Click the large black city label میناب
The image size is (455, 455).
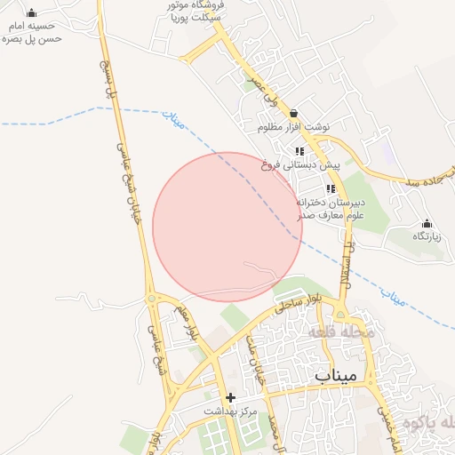[335, 375]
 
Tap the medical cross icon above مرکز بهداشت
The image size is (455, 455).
[231, 397]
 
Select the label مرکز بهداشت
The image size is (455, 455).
[231, 411]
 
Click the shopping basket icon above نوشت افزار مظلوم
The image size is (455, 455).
[293, 113]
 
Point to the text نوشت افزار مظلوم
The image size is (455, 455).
[293, 127]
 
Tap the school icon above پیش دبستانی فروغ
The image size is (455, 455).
[299, 151]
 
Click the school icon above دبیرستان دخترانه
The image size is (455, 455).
[331, 188]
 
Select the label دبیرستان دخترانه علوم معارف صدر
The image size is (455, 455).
[331, 208]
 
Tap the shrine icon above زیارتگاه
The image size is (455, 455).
[427, 222]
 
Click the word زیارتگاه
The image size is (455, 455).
[427, 236]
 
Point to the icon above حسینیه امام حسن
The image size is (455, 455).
[32, 12]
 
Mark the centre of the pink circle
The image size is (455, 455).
[227, 227]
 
